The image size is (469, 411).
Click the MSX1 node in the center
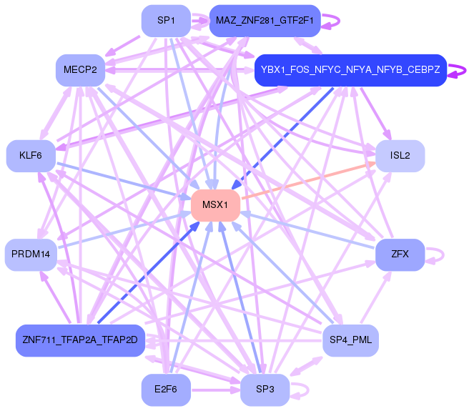[x=214, y=206]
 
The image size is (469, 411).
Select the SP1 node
[x=166, y=21]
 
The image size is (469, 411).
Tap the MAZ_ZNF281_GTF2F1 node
[x=265, y=21]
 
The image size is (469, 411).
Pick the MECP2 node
[x=80, y=69]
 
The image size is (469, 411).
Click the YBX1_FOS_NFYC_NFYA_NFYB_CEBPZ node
[x=350, y=69]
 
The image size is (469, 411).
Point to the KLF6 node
[x=31, y=156]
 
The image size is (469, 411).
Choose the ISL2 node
[x=400, y=156]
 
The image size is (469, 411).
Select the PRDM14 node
[x=31, y=254]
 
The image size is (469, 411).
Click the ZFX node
[x=400, y=254]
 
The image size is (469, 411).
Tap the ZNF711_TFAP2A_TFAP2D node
[x=80, y=340]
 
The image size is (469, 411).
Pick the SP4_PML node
[x=350, y=340]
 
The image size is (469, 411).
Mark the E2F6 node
[x=166, y=390]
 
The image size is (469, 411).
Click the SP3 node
[x=265, y=390]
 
